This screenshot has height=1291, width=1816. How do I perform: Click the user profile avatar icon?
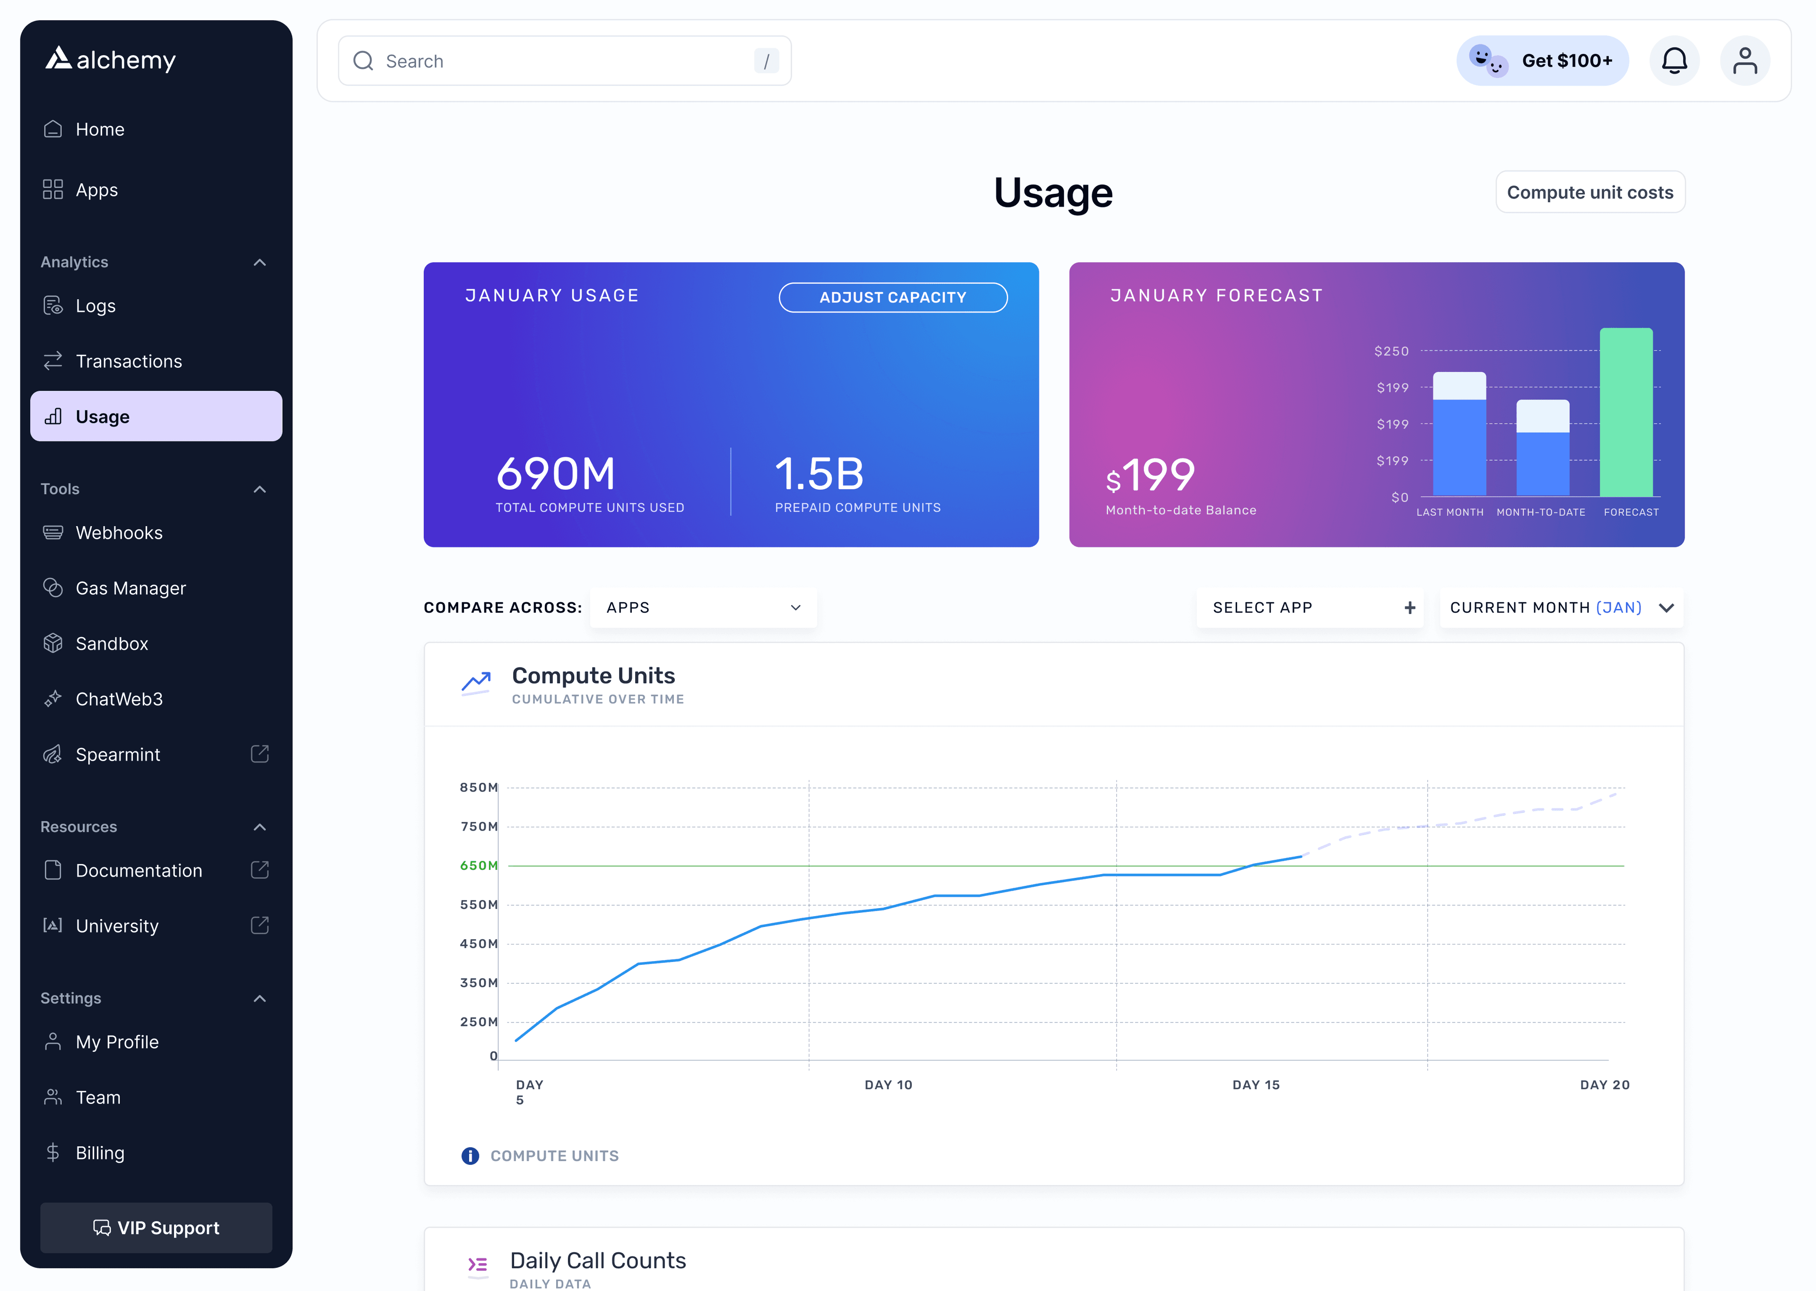click(1745, 61)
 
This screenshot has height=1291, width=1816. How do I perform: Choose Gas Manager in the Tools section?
click(131, 588)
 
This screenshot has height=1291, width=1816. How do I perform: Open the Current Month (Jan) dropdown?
click(1561, 608)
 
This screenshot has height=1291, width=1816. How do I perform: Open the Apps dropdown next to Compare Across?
click(703, 608)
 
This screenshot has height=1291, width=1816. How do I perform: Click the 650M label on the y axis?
click(479, 866)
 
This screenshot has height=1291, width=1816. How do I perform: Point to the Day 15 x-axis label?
click(1256, 1085)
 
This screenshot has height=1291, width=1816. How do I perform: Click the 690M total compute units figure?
click(556, 475)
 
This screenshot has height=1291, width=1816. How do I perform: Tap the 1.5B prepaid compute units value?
click(819, 475)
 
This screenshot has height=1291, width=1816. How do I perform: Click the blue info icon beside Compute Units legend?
click(470, 1156)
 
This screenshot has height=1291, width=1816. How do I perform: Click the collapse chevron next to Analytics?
click(259, 262)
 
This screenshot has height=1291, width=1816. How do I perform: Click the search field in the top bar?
click(565, 61)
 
